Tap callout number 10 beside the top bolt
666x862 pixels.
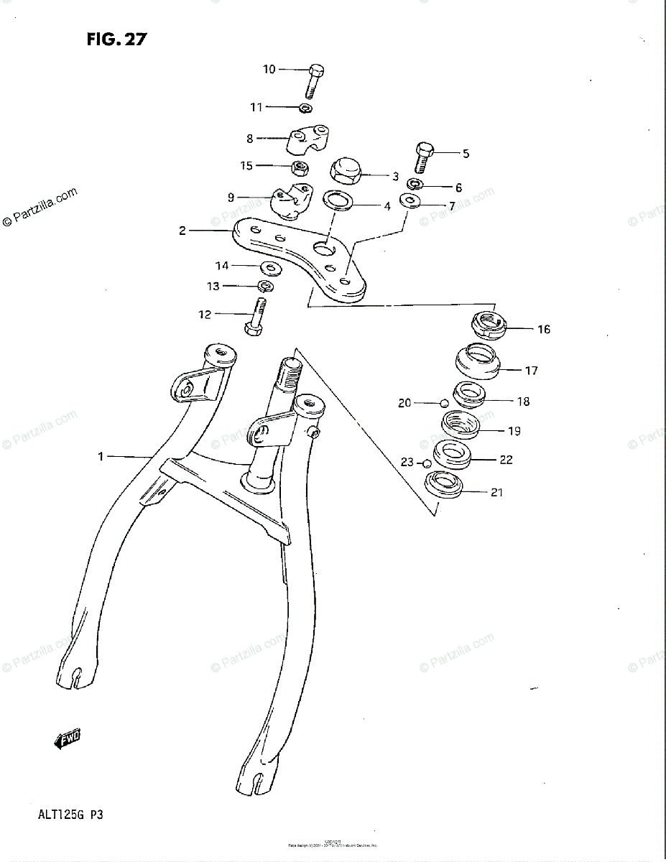point(269,70)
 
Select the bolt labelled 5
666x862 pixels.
point(422,157)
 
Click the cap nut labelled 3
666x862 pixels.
point(344,172)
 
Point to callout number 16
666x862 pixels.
point(543,330)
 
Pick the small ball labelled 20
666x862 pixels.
point(445,402)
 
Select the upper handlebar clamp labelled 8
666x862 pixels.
point(308,139)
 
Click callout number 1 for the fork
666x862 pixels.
point(101,455)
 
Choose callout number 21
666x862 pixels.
point(496,492)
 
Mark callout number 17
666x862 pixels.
point(531,371)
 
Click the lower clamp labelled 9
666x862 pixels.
point(290,203)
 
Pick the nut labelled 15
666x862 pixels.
point(301,169)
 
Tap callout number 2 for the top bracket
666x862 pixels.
point(182,231)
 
